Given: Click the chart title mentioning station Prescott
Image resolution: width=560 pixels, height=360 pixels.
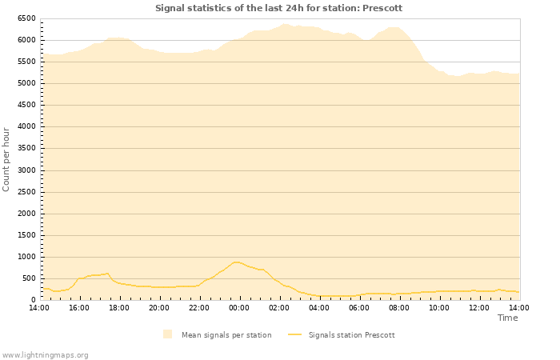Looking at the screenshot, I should [278, 8].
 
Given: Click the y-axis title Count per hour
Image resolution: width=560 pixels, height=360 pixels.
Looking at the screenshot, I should [6, 159].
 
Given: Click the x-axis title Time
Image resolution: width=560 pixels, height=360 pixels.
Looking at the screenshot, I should [507, 318].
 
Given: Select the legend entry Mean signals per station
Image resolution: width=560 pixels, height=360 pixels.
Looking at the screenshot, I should [226, 335].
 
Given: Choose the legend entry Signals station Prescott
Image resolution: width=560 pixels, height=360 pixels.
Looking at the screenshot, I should [351, 335].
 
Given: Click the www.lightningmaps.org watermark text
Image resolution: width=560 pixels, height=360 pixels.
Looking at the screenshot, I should [45, 354].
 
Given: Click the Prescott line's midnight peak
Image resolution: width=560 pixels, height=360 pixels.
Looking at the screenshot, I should [236, 262].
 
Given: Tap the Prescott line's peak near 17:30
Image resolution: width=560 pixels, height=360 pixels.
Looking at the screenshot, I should [107, 273].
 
